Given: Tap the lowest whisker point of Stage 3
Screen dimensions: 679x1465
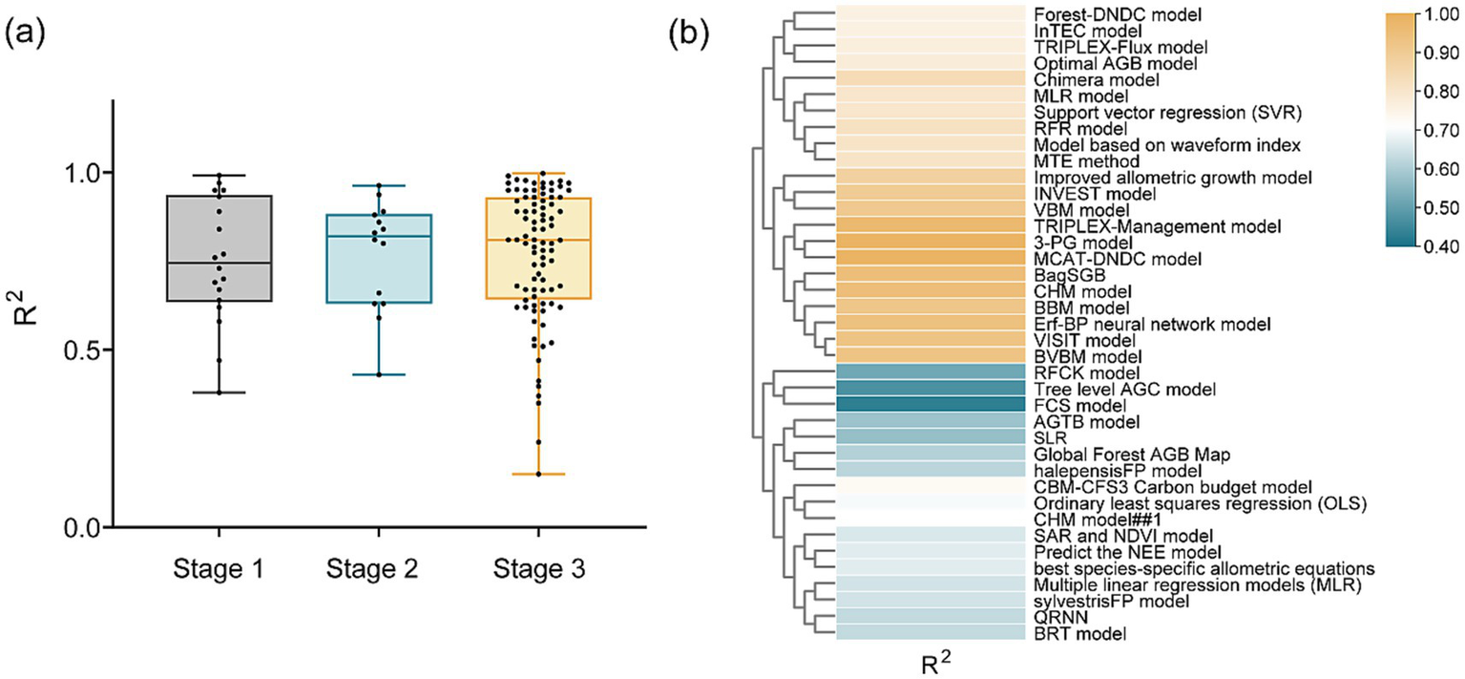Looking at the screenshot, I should (x=538, y=474).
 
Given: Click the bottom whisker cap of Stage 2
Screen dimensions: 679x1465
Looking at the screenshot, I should (x=378, y=374).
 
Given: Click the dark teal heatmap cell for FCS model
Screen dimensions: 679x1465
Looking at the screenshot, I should (x=931, y=405).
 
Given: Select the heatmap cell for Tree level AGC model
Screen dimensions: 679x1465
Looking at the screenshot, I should (x=931, y=389).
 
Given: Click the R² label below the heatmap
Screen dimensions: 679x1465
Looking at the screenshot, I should (x=931, y=661).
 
